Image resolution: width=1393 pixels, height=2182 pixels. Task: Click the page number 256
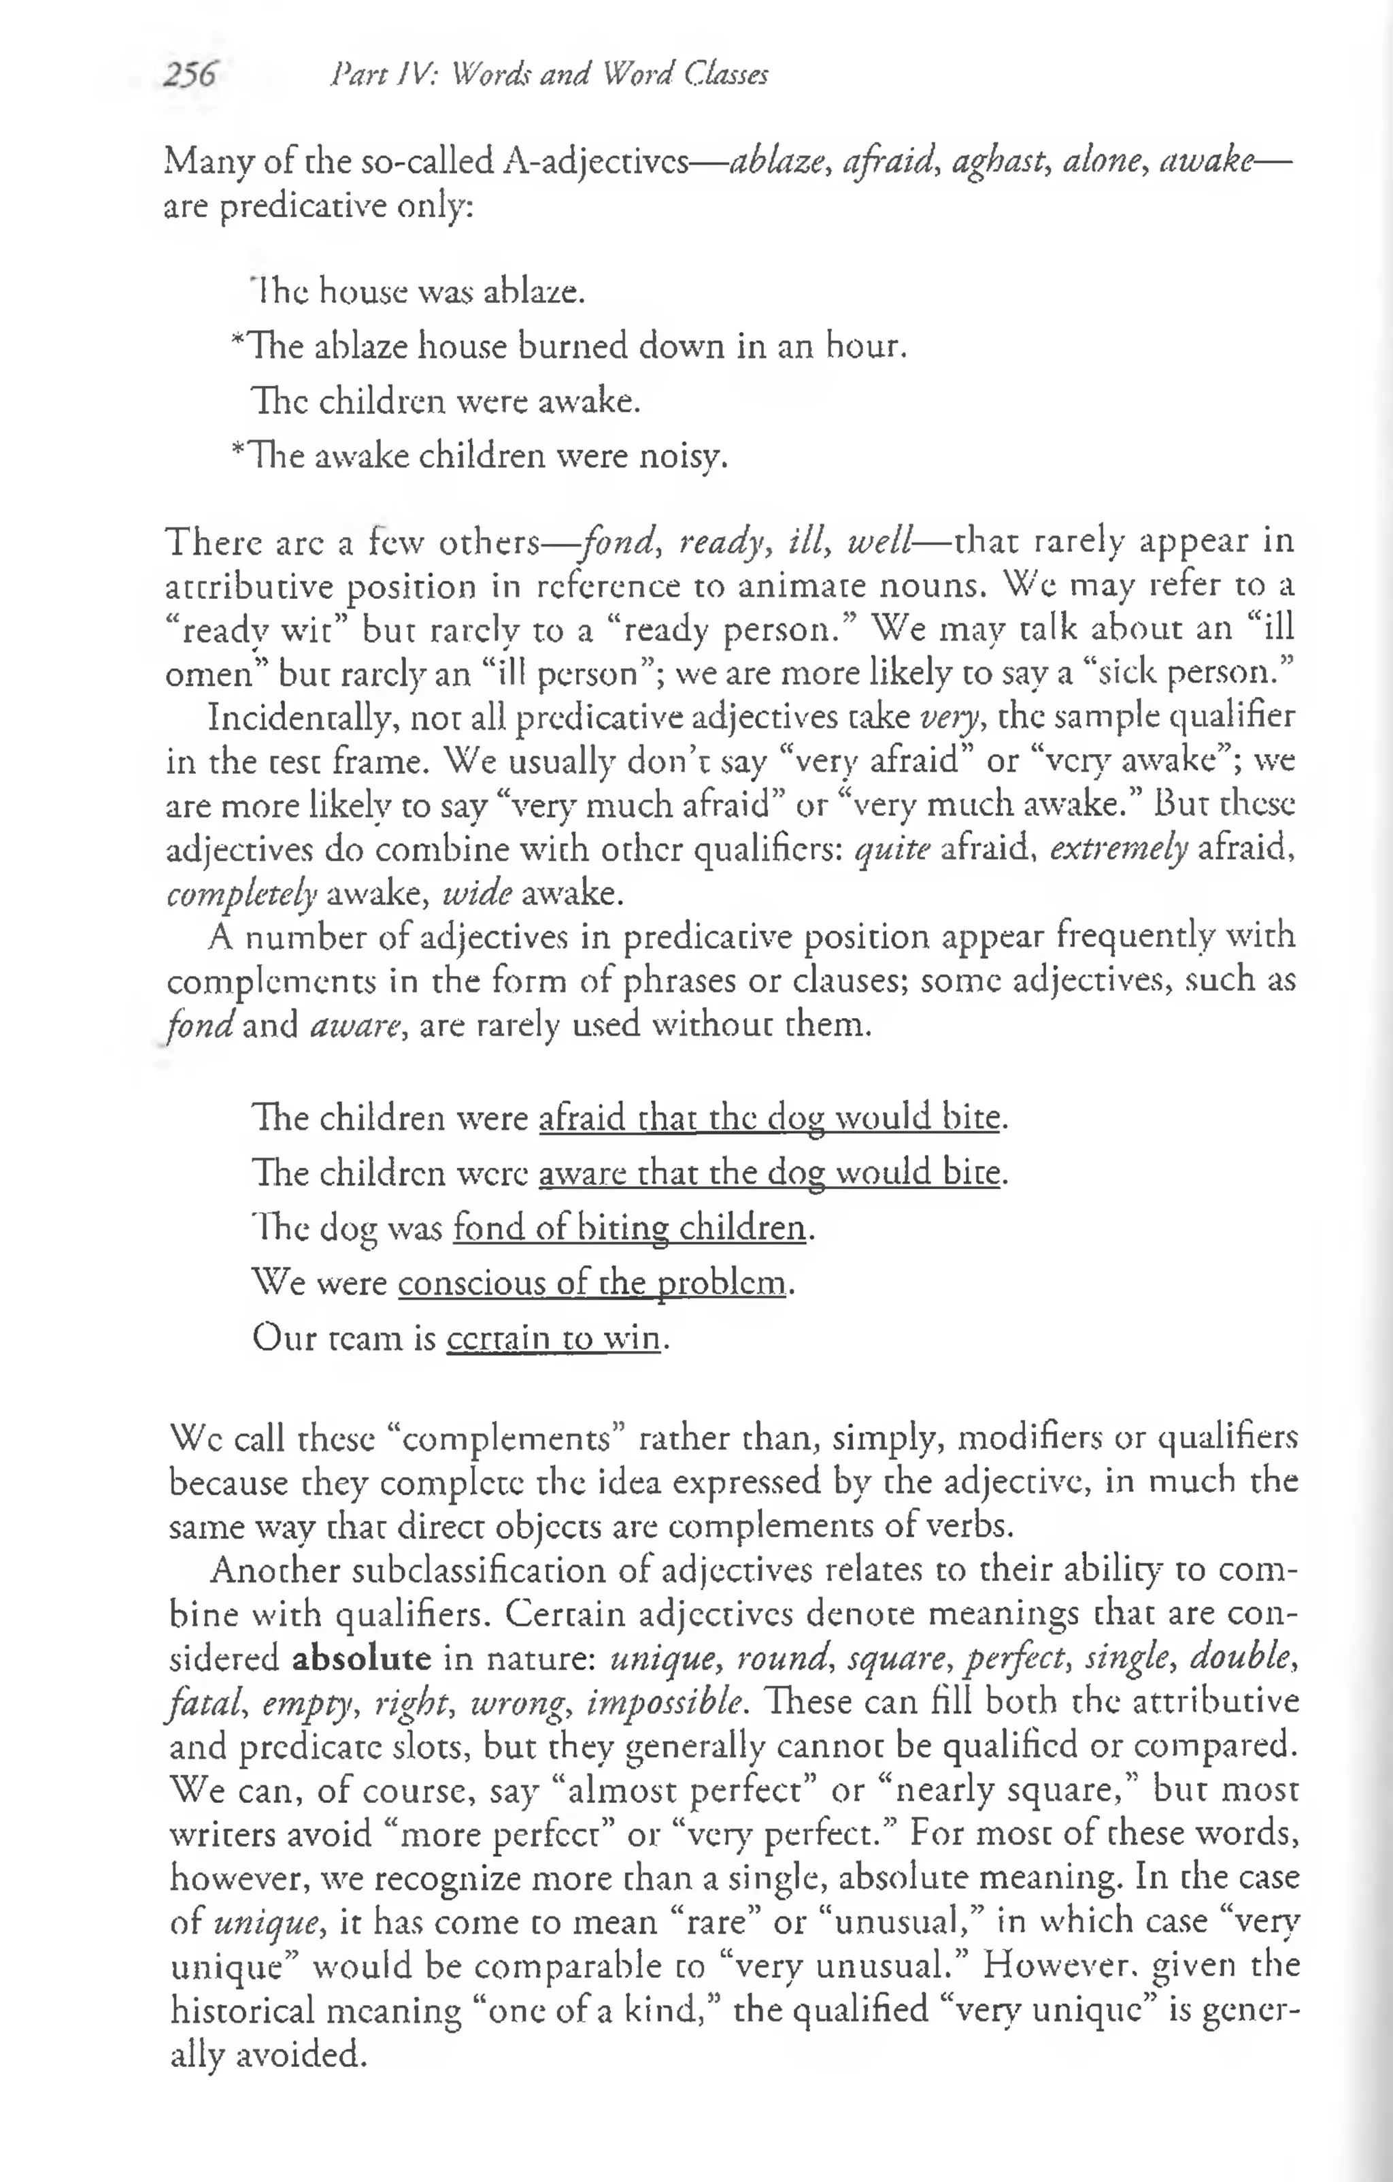pyautogui.click(x=189, y=74)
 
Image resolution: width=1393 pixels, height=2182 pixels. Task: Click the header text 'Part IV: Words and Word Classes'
pyautogui.click(x=549, y=74)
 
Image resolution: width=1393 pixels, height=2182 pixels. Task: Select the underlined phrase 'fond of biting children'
pyautogui.click(x=629, y=1228)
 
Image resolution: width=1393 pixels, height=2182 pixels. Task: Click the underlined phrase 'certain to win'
pyautogui.click(x=554, y=1337)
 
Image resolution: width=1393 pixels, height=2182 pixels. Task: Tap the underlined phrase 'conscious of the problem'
pyautogui.click(x=592, y=1282)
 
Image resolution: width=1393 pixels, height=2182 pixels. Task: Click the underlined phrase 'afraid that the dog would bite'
pyautogui.click(x=770, y=1118)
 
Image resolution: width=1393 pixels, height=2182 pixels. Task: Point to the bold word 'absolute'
pyautogui.click(x=361, y=1658)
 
